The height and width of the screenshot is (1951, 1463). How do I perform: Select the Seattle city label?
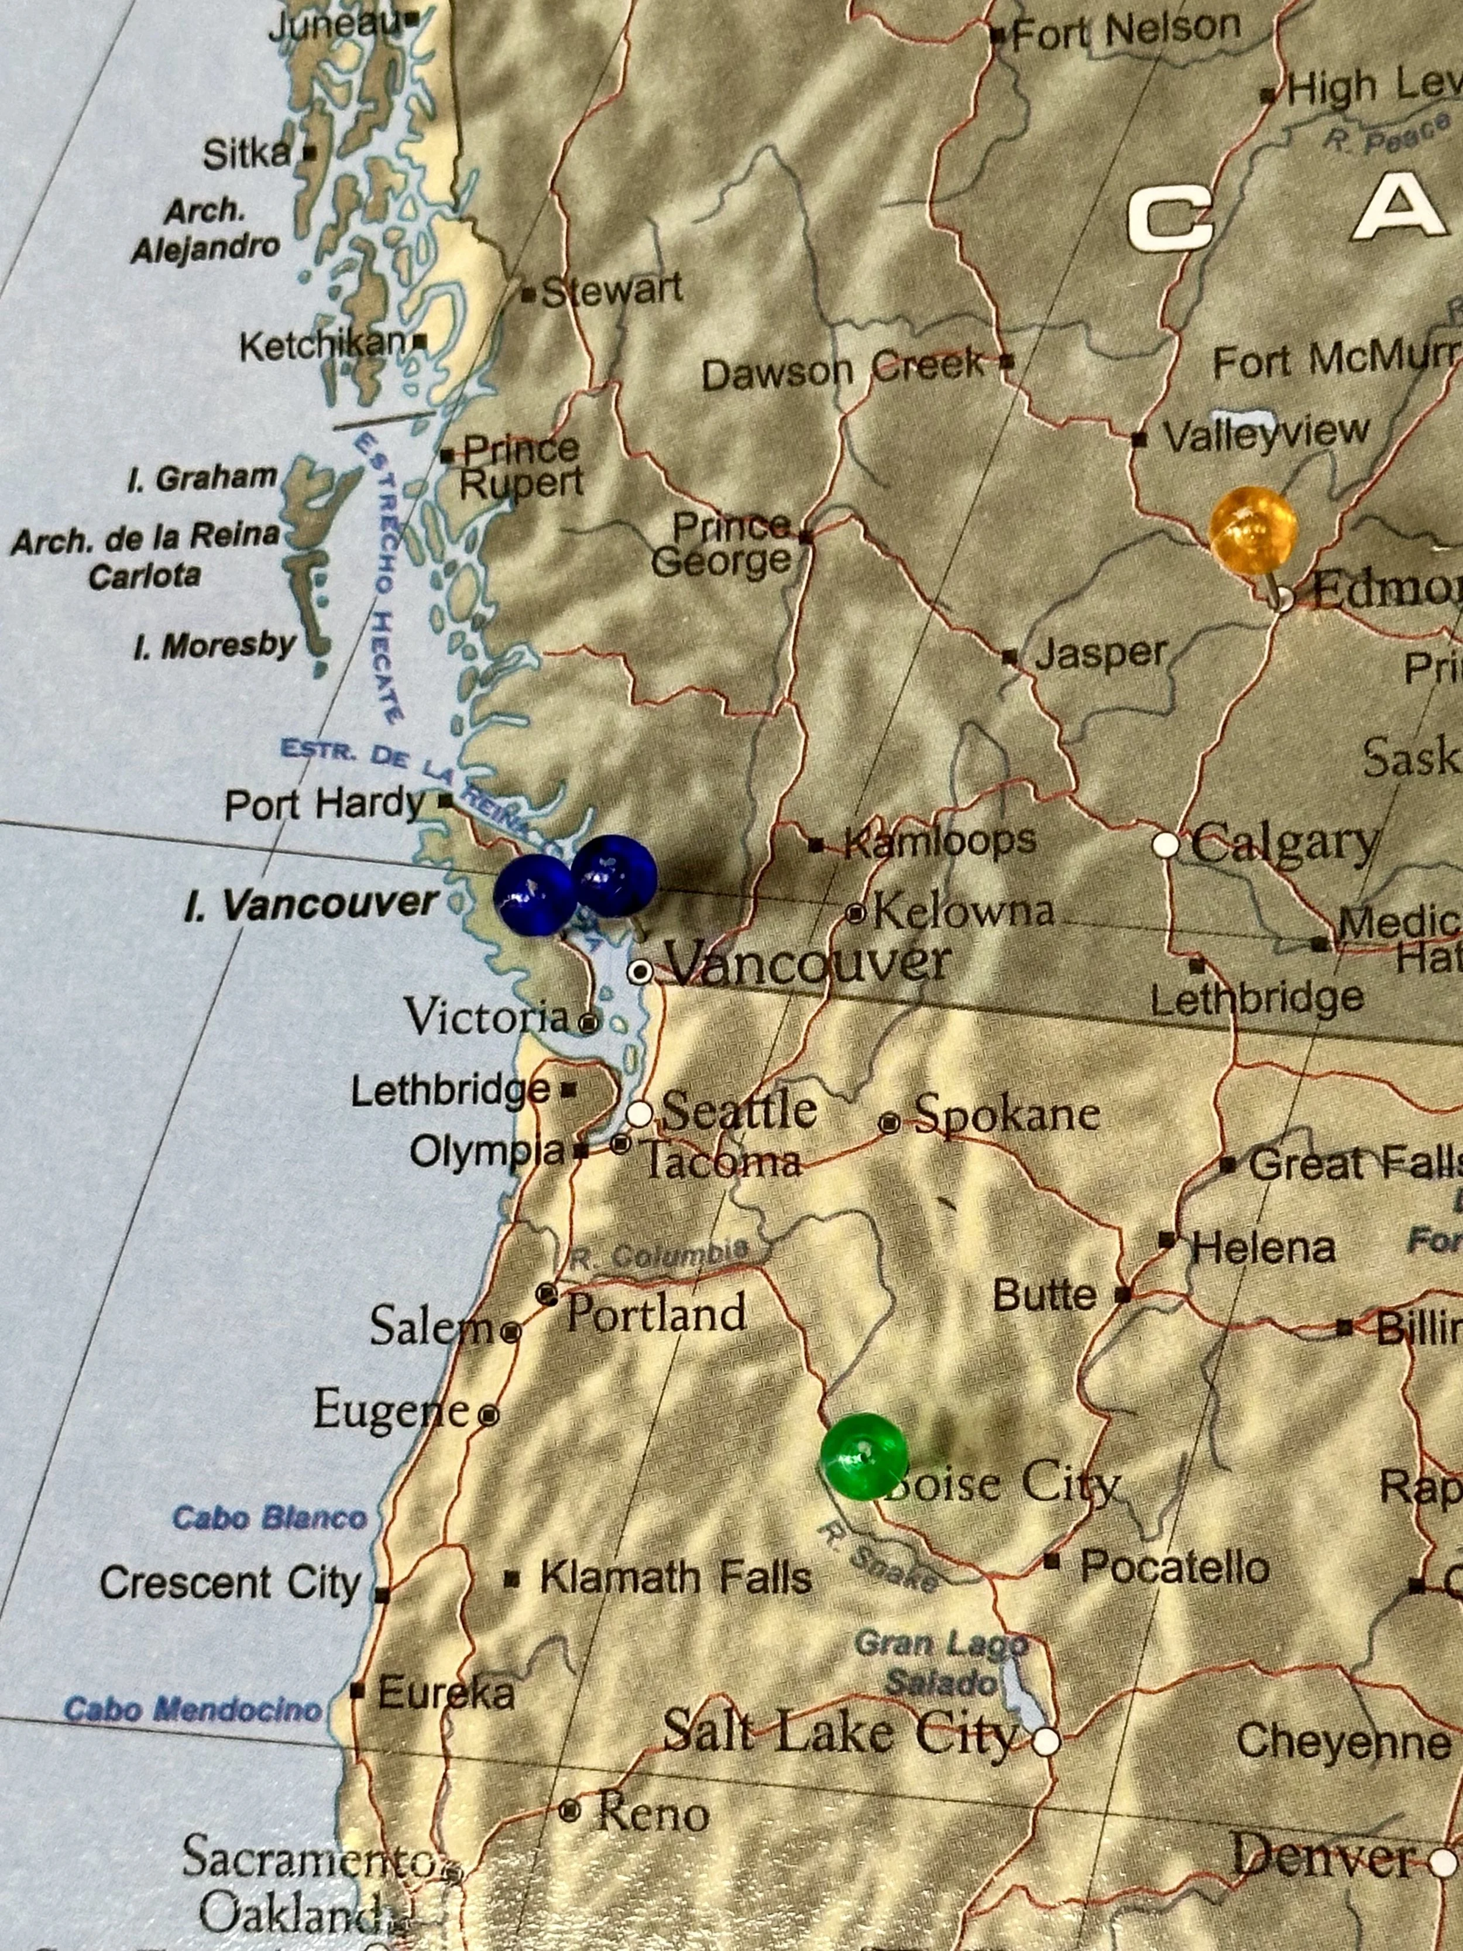(739, 1110)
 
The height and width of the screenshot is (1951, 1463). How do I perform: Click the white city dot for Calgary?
(1166, 844)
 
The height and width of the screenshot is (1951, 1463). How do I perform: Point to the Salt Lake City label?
(840, 1733)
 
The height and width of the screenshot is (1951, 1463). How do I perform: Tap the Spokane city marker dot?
(889, 1123)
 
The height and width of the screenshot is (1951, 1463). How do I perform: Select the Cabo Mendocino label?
(193, 1709)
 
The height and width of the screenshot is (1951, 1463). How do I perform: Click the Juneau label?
(334, 25)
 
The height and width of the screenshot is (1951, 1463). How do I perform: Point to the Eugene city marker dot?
(489, 1415)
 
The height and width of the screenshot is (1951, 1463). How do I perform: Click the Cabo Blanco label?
(269, 1518)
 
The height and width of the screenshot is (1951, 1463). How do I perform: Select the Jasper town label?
(1101, 654)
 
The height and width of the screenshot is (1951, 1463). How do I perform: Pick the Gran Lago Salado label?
(941, 1662)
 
